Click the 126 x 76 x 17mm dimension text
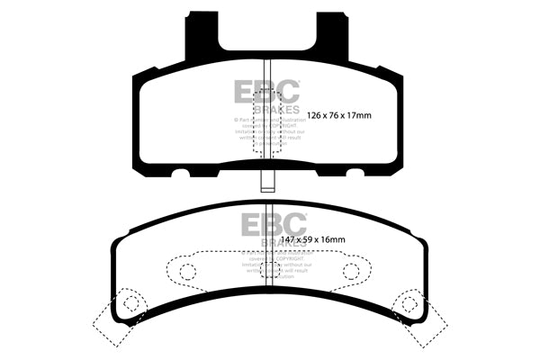[339, 115]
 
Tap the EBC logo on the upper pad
[267, 90]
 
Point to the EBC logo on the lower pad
[274, 222]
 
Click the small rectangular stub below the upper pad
[267, 179]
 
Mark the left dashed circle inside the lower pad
[188, 271]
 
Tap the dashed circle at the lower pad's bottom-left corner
[131, 302]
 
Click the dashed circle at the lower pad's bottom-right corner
[408, 302]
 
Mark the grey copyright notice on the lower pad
[274, 265]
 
